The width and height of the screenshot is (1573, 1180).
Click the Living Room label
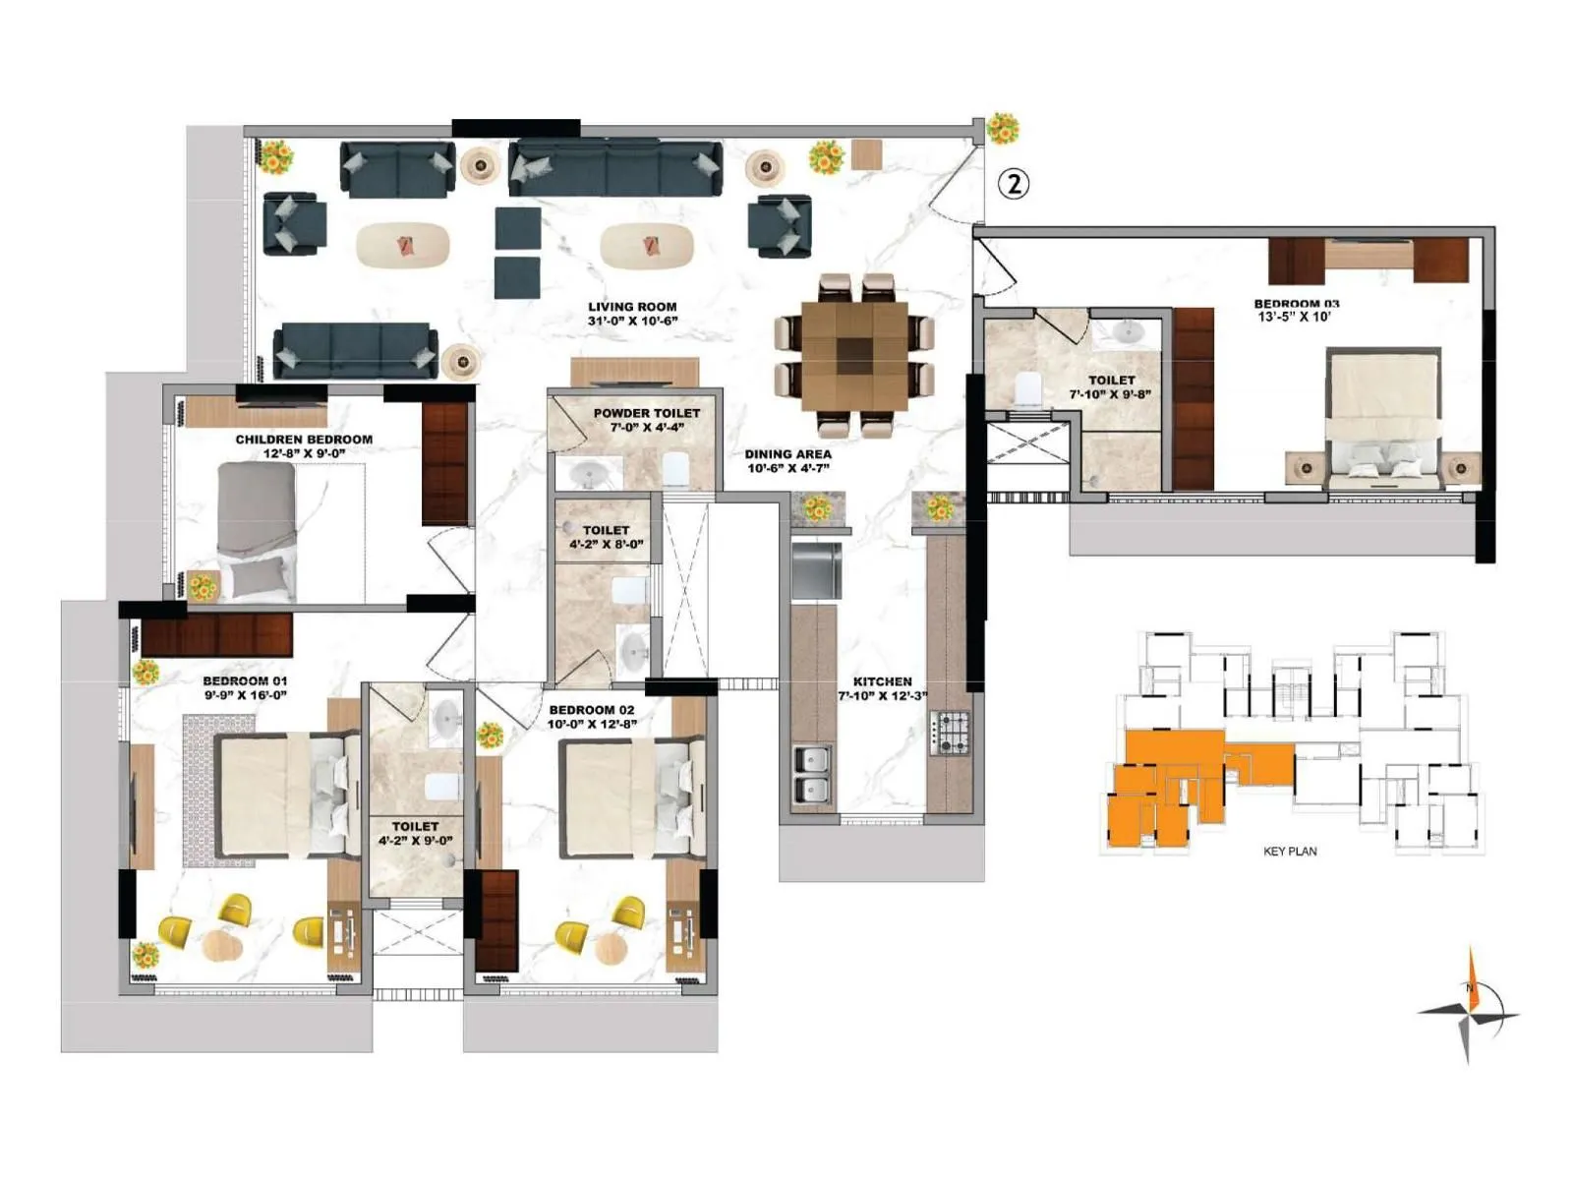coord(632,307)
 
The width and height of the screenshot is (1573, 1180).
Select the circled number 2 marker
coord(1014,183)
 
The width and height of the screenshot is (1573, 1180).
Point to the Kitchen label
coord(882,681)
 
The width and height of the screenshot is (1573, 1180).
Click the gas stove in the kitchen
coord(949,733)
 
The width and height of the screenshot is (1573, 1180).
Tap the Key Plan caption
coord(1290,851)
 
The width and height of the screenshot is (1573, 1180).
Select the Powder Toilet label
coord(647,413)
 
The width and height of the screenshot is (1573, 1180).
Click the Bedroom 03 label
coord(1296,304)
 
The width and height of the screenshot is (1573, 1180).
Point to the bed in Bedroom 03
coord(1383,418)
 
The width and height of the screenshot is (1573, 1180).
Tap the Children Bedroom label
coord(304,440)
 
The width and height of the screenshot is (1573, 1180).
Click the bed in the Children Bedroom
coord(257,531)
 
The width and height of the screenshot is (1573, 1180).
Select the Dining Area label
coord(787,454)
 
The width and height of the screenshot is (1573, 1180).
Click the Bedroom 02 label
coord(592,709)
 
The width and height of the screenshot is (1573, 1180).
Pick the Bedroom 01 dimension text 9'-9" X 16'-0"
coord(246,695)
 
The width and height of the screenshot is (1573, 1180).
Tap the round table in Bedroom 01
coord(223,946)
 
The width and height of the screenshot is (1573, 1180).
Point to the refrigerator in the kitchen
coord(816,569)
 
